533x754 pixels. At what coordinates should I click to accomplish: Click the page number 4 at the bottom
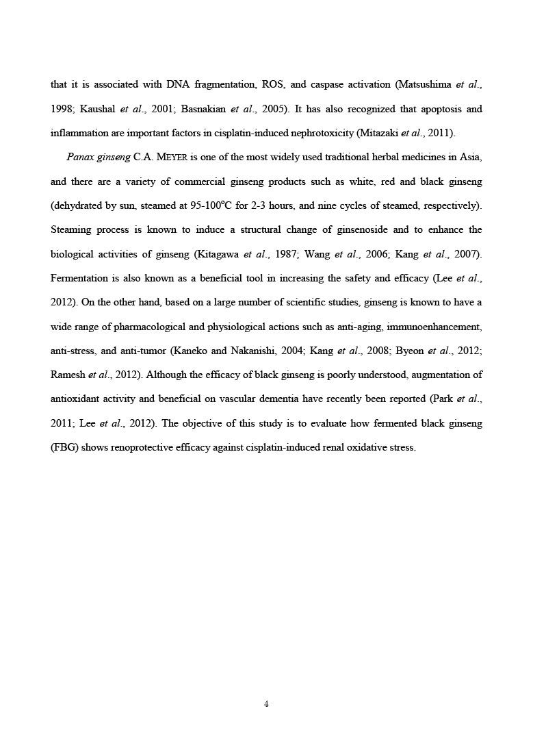click(266, 704)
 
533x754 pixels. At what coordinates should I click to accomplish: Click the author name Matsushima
click(424, 85)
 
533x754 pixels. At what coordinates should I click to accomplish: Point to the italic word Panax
click(81, 157)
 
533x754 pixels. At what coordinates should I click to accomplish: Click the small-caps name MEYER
click(170, 158)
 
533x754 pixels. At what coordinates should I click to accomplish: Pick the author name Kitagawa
click(217, 254)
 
